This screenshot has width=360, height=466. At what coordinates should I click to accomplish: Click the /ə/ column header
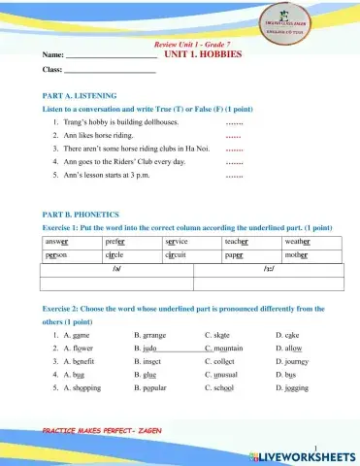[x=116, y=270]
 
